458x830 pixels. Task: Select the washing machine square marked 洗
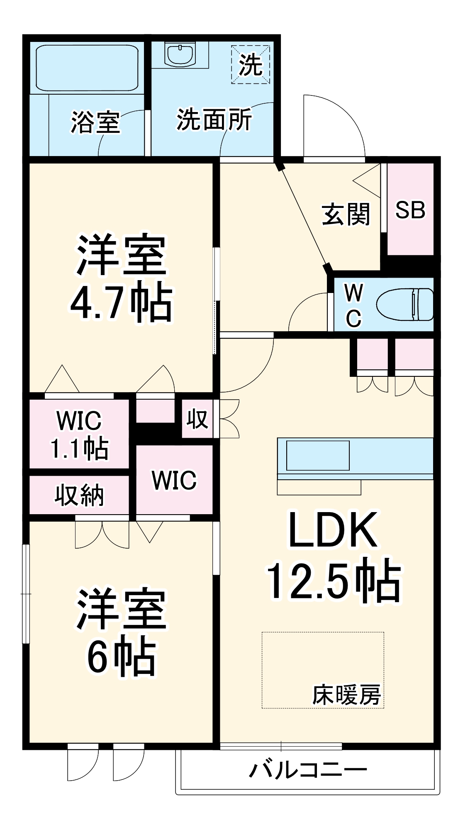(251, 65)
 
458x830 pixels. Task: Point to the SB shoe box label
(410, 210)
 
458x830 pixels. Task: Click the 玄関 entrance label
(346, 215)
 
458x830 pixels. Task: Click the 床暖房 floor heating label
(346, 695)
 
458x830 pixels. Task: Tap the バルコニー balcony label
(308, 770)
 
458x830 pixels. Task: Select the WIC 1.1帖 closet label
(79, 434)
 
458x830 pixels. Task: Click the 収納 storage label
(79, 495)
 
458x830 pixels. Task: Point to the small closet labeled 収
(197, 419)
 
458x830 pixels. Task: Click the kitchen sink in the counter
(318, 455)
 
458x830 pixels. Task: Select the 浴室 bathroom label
(95, 122)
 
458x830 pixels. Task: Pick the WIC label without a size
(174, 480)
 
